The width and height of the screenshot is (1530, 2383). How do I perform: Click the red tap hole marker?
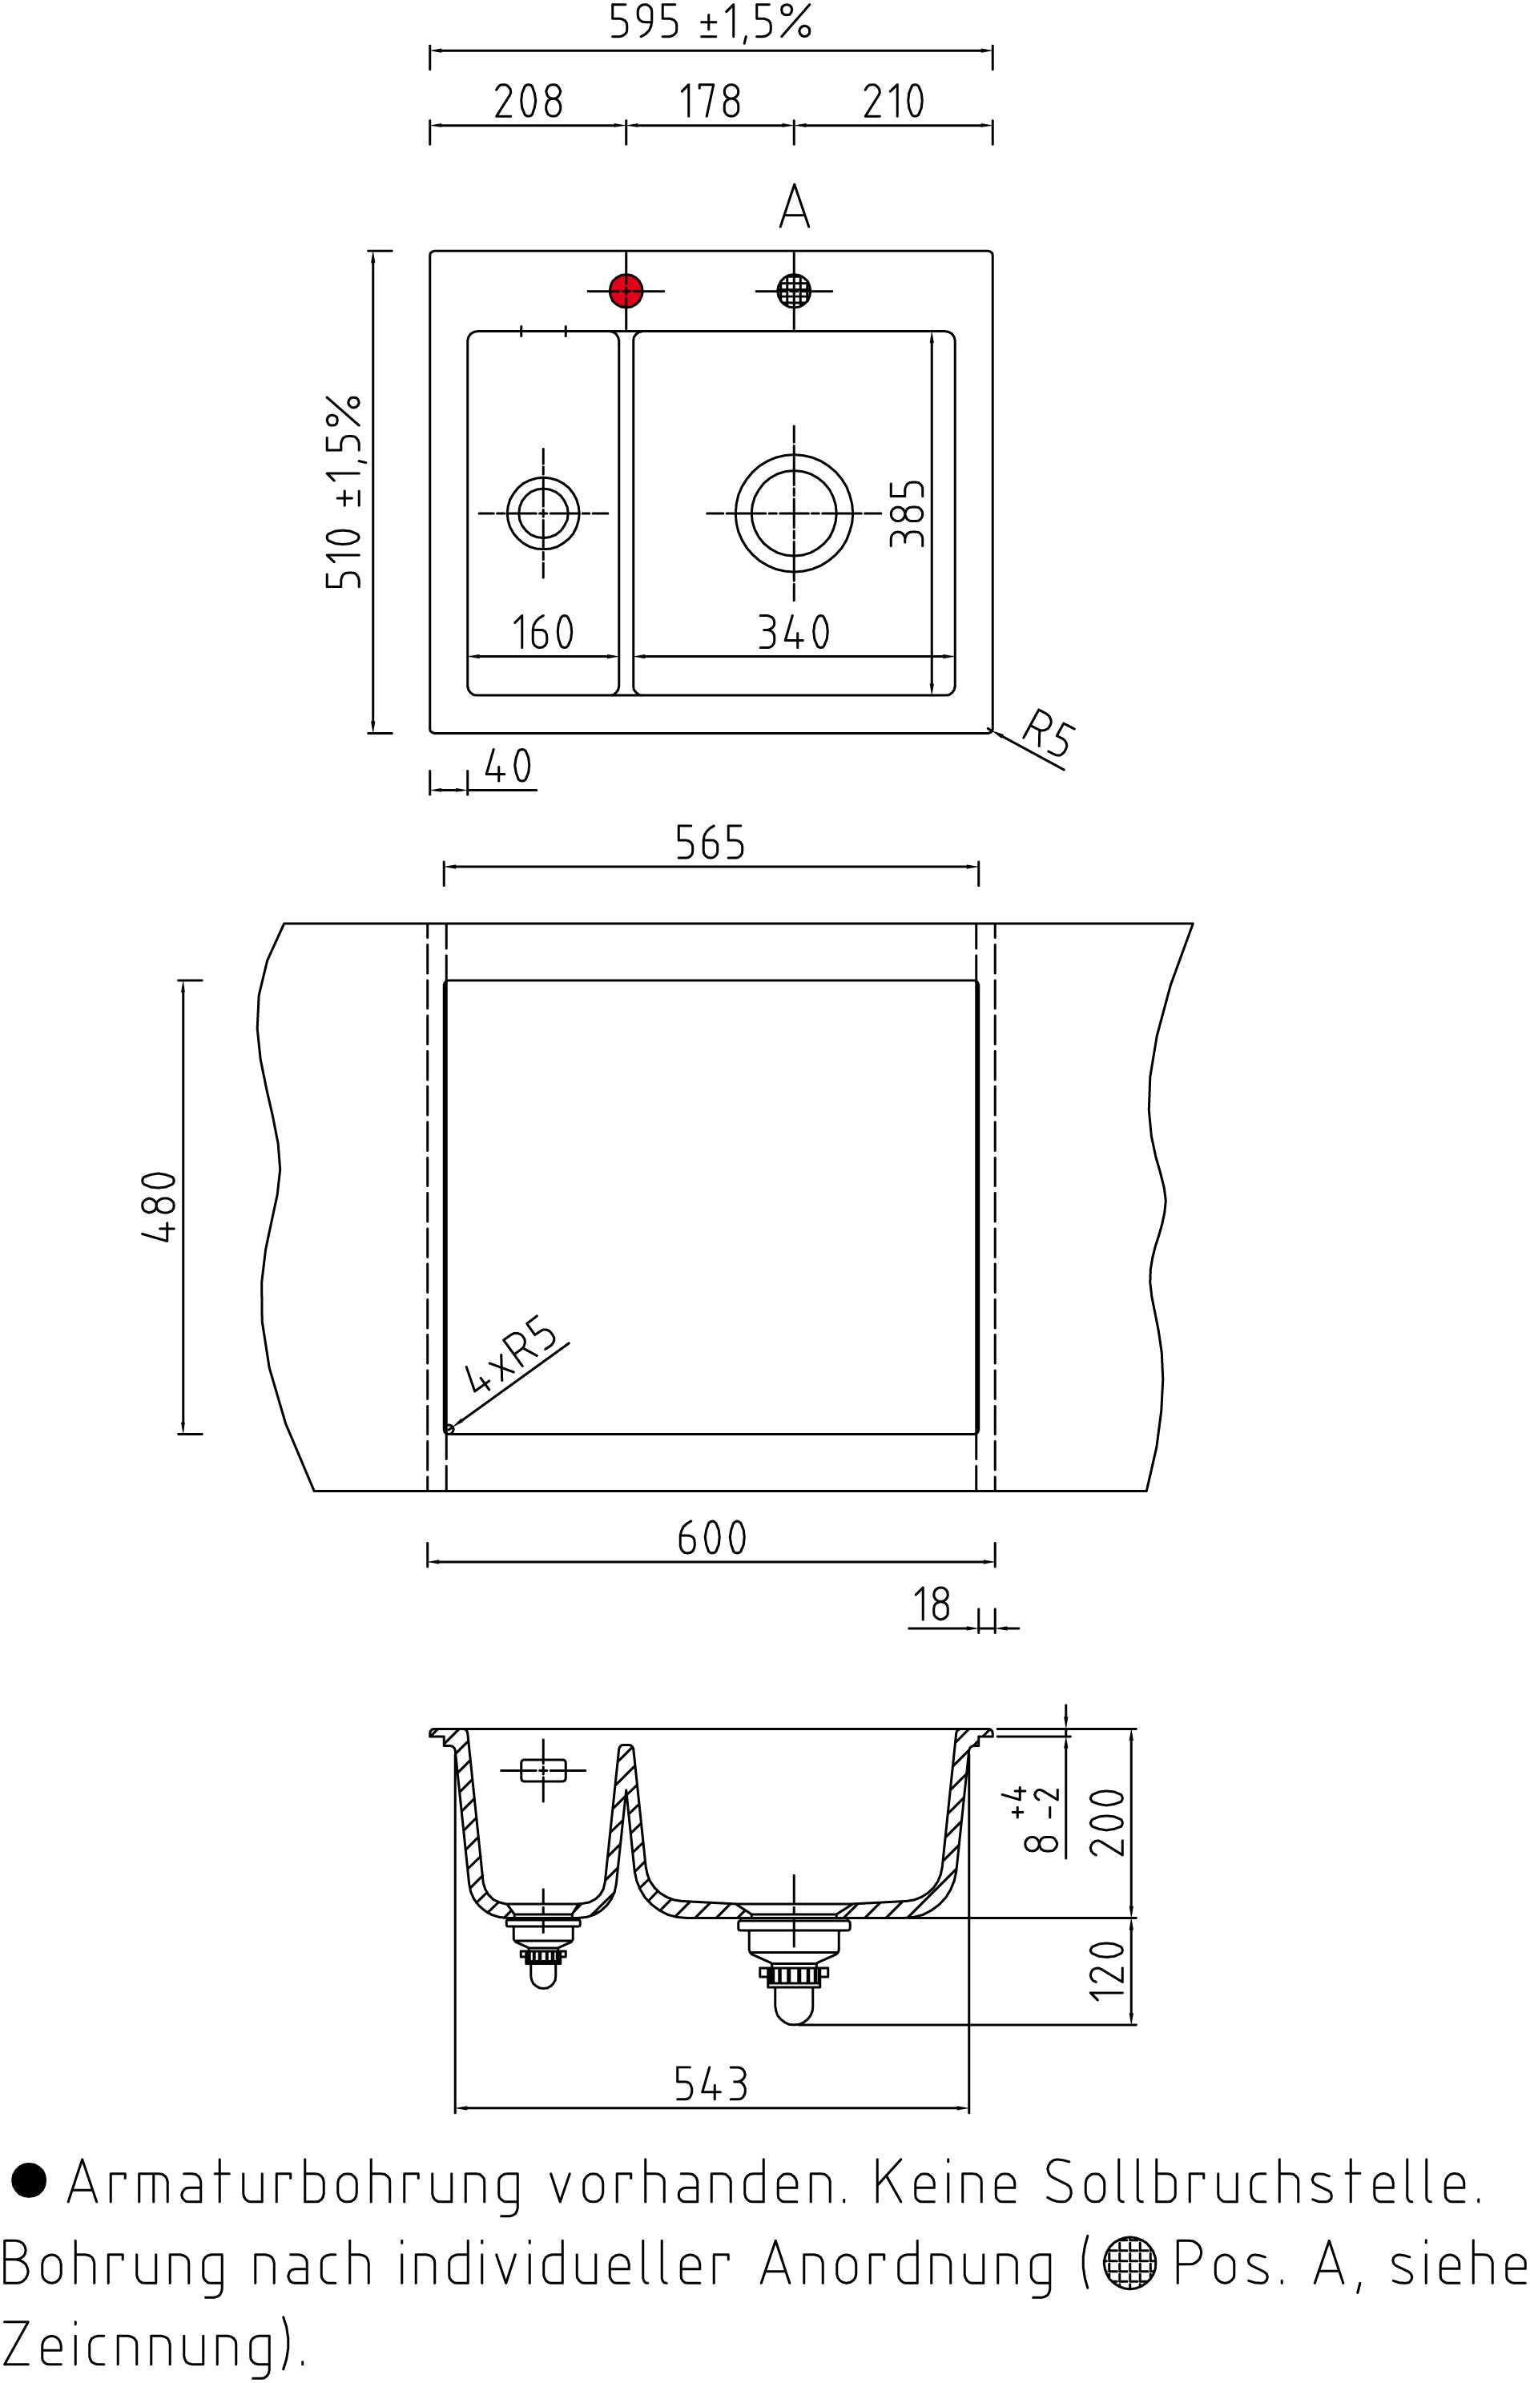(626, 291)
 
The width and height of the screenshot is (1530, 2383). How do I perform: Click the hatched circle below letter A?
(794, 291)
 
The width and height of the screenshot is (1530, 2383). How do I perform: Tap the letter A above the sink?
(795, 207)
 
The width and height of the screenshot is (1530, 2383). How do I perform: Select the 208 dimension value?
(529, 101)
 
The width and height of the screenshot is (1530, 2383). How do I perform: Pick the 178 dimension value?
(710, 101)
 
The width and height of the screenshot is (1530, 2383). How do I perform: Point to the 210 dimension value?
(893, 101)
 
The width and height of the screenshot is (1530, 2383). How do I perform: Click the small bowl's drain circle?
(543, 513)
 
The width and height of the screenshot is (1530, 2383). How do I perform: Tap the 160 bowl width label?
(543, 633)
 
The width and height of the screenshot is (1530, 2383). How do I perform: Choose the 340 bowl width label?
(794, 633)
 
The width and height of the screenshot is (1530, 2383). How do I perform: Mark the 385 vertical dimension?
(907, 513)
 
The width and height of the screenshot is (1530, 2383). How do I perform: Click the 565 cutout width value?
(711, 843)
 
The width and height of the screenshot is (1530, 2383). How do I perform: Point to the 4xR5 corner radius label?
(510, 1354)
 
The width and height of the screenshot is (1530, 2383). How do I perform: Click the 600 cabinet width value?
(711, 1539)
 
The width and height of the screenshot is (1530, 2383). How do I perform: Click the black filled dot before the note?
(28, 2180)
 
